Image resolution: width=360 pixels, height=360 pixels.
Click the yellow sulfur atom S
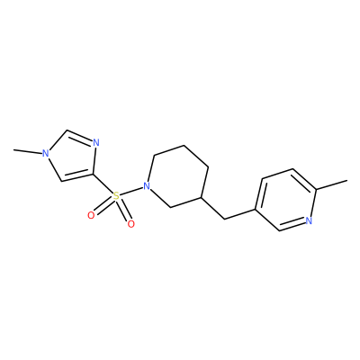click(116, 197)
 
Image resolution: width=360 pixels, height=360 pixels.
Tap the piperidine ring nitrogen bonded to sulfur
click(147, 186)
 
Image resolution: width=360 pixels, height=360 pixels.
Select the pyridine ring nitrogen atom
click(309, 220)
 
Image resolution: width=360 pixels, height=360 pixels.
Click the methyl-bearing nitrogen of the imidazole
click(46, 154)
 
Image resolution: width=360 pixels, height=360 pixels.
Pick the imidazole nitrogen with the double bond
click(95, 143)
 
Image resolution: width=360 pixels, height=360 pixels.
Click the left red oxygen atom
click(91, 215)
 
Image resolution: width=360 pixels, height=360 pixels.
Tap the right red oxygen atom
click(130, 224)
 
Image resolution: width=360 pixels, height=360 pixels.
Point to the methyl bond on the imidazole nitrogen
click(28, 151)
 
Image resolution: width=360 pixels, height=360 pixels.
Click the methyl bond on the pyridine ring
click(332, 184)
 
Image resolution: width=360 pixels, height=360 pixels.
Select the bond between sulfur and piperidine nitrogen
click(131, 192)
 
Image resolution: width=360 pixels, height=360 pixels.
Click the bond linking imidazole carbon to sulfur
click(103, 184)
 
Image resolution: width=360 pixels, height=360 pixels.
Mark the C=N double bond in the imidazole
click(79, 137)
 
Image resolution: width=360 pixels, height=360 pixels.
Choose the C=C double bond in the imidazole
click(77, 177)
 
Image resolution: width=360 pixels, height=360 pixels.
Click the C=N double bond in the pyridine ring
click(292, 225)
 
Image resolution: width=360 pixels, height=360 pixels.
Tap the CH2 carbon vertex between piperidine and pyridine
click(225, 219)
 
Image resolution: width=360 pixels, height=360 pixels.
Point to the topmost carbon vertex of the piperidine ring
click(184, 146)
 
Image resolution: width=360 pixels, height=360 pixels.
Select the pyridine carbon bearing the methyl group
click(316, 190)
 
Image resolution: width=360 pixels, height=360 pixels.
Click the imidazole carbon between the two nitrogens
click(67, 130)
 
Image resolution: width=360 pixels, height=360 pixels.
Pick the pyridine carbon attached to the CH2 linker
click(256, 209)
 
